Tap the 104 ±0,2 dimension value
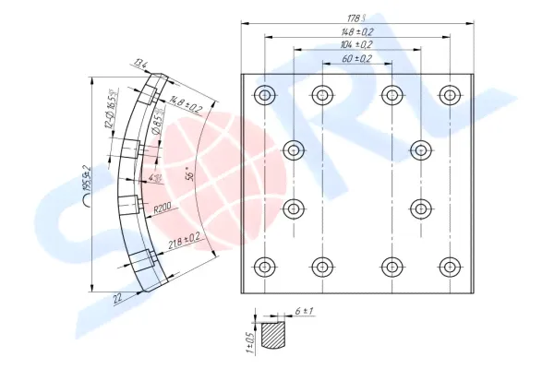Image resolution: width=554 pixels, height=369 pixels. tap(355, 44)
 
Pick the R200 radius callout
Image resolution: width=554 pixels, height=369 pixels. tap(166, 208)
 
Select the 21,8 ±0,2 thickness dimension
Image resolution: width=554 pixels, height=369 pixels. tap(185, 242)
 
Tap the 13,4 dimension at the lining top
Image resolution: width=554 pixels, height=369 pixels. tap(140, 64)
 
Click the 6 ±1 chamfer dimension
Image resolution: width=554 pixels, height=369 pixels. tap(305, 313)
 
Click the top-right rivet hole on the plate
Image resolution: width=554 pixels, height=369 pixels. tap(450, 94)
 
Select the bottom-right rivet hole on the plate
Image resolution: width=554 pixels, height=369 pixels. tap(450, 268)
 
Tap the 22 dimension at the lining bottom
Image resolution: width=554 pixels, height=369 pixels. tap(118, 298)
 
